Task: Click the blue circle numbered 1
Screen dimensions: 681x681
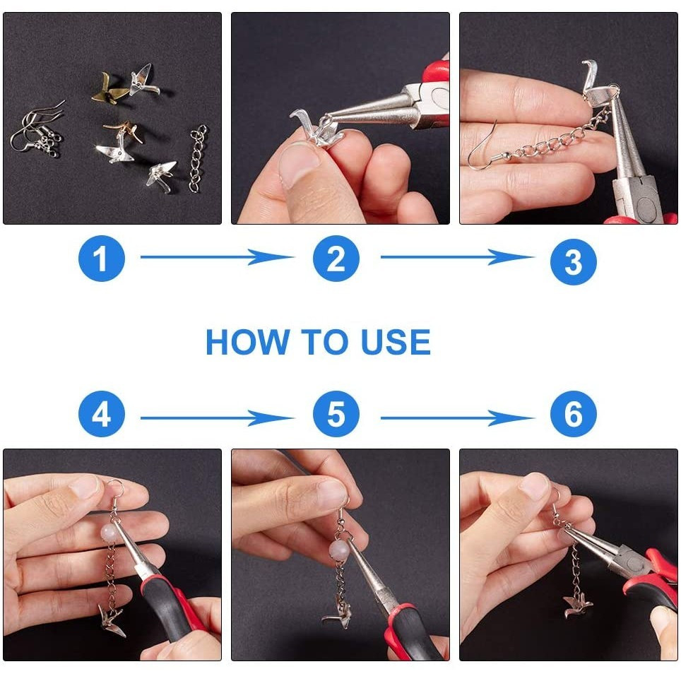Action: [x=102, y=259]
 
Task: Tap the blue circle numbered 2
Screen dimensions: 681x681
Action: [x=336, y=259]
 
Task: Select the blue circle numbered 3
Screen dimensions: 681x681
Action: [x=574, y=262]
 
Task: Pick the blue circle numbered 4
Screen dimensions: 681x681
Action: [x=102, y=414]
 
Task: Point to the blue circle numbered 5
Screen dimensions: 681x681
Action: [x=336, y=414]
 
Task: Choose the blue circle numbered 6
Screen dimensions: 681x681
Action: [x=574, y=414]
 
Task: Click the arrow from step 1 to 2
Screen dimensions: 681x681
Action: [x=217, y=257]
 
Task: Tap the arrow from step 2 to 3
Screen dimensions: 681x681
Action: [x=457, y=257]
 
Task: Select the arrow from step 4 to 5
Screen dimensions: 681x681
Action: [x=217, y=418]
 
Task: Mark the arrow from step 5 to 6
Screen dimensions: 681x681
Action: [x=457, y=418]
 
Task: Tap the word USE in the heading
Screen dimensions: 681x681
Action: [x=396, y=342]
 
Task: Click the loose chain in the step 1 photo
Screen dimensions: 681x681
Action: [x=198, y=158]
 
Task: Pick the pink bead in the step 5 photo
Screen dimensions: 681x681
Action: [x=338, y=551]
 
